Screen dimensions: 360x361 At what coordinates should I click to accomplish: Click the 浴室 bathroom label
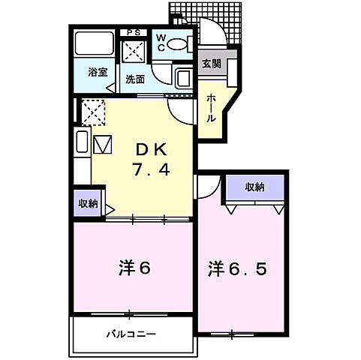97,73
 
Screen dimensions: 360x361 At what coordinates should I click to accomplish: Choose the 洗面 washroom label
135,78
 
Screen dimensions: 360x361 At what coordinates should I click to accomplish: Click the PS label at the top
136,31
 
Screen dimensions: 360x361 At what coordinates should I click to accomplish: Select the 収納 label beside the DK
86,202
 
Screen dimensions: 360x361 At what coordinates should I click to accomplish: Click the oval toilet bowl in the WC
177,44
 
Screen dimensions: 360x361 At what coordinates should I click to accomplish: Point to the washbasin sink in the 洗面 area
182,77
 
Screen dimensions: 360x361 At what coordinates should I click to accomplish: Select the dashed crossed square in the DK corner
92,113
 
